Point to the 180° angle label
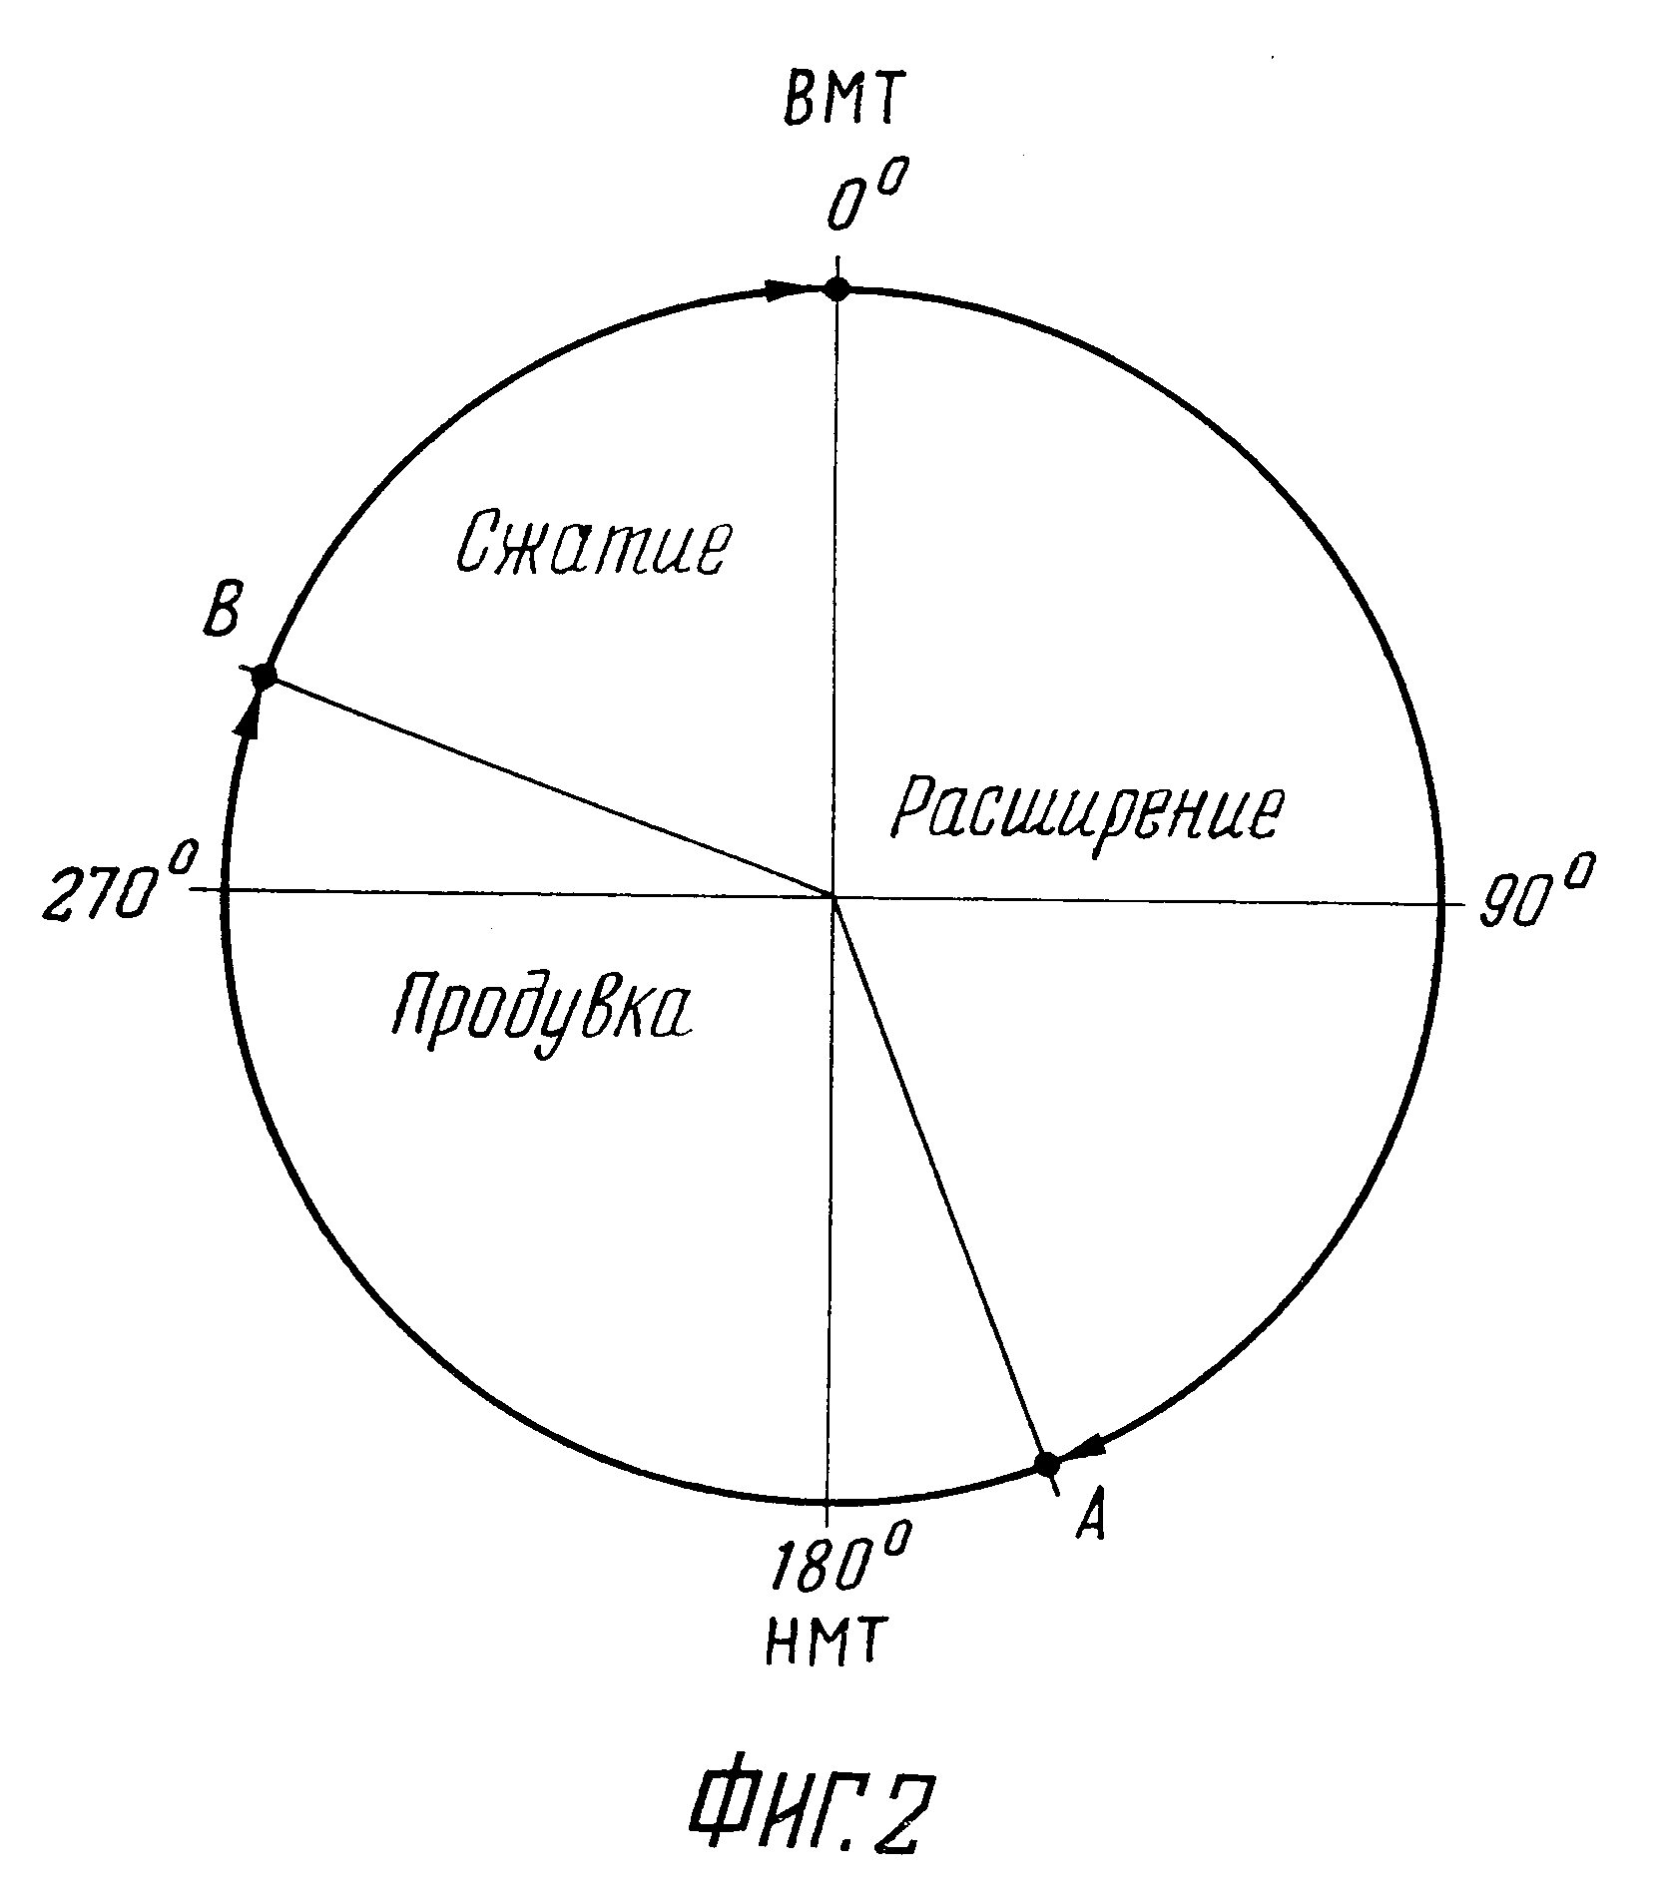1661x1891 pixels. (839, 1564)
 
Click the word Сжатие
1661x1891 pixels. (592, 545)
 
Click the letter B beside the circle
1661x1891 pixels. (220, 611)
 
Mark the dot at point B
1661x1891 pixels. (264, 677)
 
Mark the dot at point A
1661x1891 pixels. (1046, 1465)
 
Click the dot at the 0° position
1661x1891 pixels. (836, 289)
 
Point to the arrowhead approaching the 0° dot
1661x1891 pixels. (784, 290)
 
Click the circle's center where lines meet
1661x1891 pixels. (832, 896)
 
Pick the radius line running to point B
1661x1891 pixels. (549, 787)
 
